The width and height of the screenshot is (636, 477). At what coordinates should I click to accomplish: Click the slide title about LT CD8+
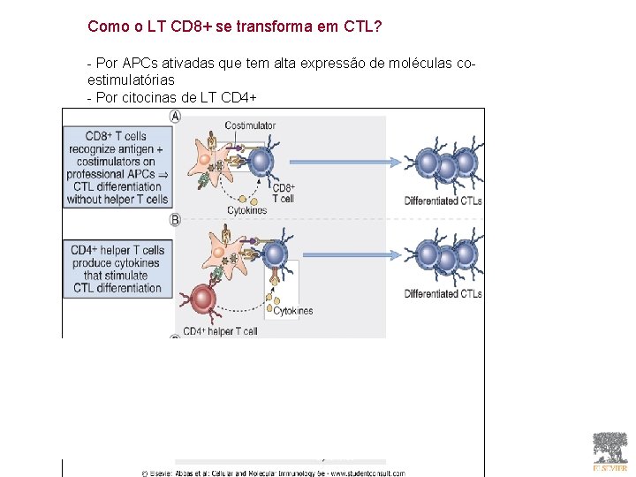coord(234,26)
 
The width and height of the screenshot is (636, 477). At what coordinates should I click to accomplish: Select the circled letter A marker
coord(175,116)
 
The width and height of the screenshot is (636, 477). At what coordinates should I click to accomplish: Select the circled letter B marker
coord(175,220)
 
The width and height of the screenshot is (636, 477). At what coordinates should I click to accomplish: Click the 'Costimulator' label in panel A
coord(250,125)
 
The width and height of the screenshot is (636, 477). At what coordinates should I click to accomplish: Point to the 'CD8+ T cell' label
coord(283,193)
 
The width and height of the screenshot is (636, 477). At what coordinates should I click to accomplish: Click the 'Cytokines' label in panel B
coord(293,311)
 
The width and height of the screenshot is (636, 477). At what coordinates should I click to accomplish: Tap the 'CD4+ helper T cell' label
coord(220,332)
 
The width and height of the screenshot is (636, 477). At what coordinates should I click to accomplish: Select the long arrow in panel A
coord(344,162)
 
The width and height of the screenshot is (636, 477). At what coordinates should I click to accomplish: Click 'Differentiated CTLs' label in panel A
coord(443,201)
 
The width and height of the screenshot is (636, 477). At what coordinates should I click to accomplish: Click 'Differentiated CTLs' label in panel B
coord(443,293)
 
